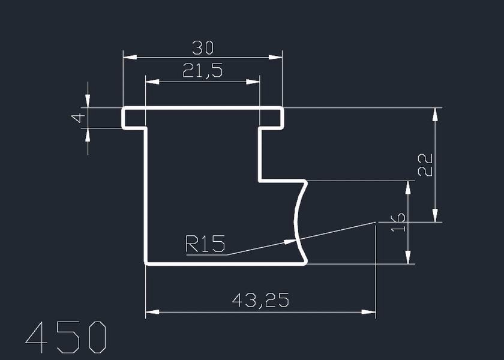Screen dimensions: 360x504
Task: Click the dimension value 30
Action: tap(202, 47)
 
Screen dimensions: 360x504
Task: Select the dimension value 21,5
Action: tap(202, 71)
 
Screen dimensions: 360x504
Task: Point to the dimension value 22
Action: tap(424, 164)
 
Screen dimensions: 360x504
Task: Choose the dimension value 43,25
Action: tap(260, 301)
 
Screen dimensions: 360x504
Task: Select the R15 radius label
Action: tap(205, 244)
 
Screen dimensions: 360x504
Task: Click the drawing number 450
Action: tap(65, 337)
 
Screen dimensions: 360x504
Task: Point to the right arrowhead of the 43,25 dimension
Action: tap(369, 312)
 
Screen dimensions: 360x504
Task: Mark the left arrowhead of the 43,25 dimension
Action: tap(152, 312)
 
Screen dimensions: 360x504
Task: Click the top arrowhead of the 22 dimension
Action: tap(435, 115)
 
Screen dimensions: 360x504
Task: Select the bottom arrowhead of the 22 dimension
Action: tap(435, 215)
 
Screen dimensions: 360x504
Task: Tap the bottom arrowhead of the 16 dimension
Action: tap(409, 257)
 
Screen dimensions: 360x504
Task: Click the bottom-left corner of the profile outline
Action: tap(146, 263)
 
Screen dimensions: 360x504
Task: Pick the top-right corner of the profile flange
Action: tap(282, 109)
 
